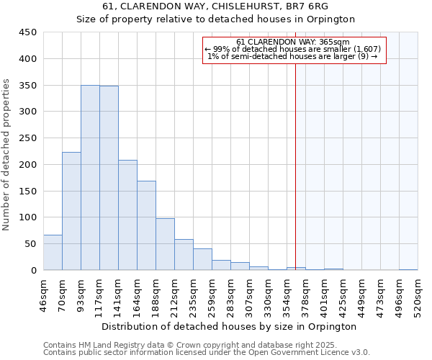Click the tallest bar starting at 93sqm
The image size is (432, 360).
(x=90, y=178)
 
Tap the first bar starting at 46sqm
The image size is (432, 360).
(x=53, y=252)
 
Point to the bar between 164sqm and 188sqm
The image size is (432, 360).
(x=146, y=225)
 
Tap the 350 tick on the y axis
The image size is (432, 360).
(x=28, y=86)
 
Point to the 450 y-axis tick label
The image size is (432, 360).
(x=28, y=32)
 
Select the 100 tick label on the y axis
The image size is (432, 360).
(x=28, y=217)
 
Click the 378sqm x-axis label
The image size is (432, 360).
(x=307, y=294)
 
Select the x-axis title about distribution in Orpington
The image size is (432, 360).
(x=229, y=326)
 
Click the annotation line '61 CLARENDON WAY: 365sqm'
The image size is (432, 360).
(x=292, y=42)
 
